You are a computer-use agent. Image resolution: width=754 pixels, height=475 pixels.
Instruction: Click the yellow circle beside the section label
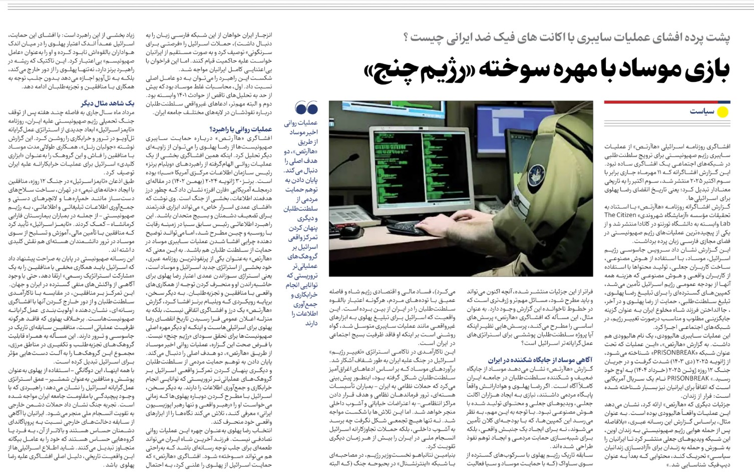coord(722,112)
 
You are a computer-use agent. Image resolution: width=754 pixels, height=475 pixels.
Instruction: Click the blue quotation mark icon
coord(306,107)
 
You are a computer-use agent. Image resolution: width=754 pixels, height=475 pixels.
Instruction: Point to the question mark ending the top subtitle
coord(406,37)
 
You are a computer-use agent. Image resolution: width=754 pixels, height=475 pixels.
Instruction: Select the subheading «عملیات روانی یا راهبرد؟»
coord(241,129)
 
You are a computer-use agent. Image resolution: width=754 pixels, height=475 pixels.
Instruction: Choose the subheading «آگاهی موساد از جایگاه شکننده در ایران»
coord(540,359)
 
